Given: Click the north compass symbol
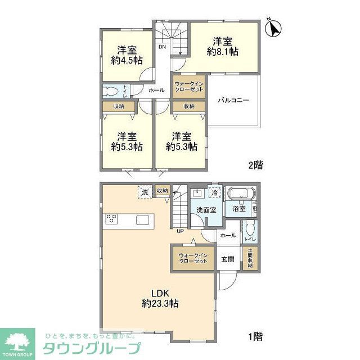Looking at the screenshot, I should pyautogui.click(x=273, y=27).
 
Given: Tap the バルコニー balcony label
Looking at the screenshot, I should pyautogui.click(x=233, y=101).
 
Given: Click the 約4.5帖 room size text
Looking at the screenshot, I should pyautogui.click(x=127, y=61).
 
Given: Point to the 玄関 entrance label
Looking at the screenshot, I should pyautogui.click(x=227, y=259).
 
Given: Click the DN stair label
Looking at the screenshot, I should pyautogui.click(x=161, y=47).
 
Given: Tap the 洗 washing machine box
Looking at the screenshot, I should pyautogui.click(x=146, y=191).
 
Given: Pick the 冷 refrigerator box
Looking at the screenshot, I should pyautogui.click(x=215, y=192).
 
